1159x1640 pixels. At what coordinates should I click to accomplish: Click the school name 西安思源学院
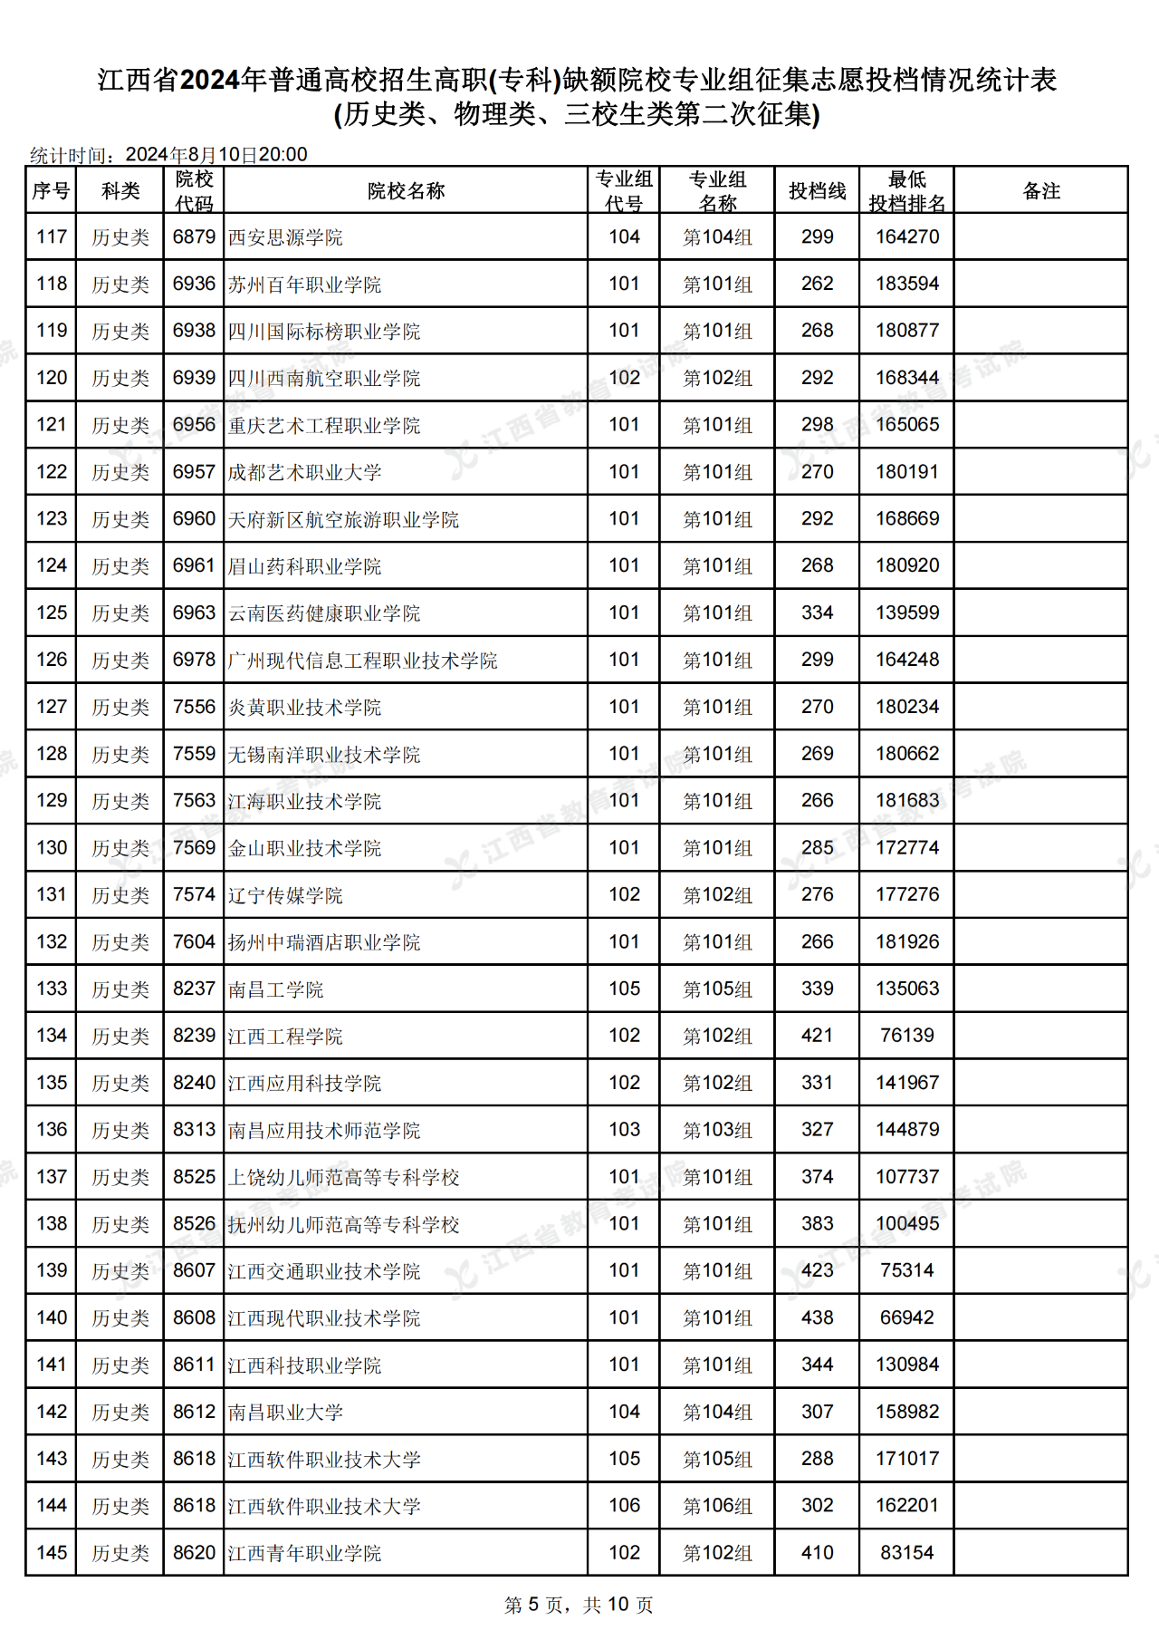[285, 237]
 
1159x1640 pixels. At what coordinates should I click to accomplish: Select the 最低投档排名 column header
[906, 191]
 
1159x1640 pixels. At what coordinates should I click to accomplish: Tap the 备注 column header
[1040, 191]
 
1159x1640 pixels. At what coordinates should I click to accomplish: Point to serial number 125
[52, 613]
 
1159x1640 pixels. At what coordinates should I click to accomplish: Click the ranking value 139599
[906, 613]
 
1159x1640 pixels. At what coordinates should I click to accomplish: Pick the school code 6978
[194, 661]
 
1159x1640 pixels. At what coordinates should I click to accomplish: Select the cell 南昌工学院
[275, 989]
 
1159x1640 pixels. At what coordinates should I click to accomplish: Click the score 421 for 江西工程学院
[817, 1036]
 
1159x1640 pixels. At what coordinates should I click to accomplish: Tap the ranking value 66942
[906, 1318]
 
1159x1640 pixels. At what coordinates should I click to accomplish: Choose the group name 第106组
[717, 1506]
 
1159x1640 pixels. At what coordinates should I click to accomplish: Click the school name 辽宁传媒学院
[285, 895]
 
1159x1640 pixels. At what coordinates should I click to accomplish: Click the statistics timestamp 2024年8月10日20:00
[216, 155]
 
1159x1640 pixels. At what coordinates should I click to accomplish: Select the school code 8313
[194, 1130]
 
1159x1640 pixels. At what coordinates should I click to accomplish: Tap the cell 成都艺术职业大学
[304, 473]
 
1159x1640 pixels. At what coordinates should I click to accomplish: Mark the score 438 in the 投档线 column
[817, 1318]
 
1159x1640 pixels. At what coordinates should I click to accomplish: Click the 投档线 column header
[817, 191]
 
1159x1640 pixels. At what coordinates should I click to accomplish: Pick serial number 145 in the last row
[52, 1553]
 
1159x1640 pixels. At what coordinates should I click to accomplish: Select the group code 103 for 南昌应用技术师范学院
[624, 1130]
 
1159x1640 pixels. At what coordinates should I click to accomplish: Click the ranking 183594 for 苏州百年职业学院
[906, 285]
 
